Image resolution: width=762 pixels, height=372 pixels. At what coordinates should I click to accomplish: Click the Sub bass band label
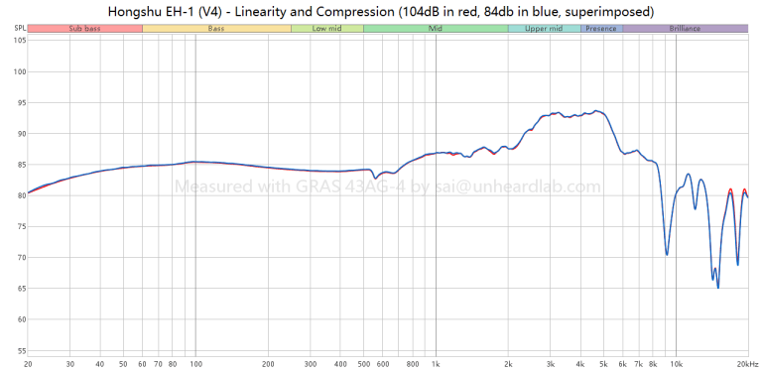pyautogui.click(x=85, y=29)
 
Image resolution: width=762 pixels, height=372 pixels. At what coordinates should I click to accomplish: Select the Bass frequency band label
pyautogui.click(x=216, y=29)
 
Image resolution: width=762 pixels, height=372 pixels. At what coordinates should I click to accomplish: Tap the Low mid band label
pyautogui.click(x=327, y=29)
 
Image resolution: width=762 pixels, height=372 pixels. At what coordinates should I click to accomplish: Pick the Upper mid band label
pyautogui.click(x=545, y=29)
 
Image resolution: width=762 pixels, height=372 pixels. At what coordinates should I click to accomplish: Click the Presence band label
pyautogui.click(x=601, y=29)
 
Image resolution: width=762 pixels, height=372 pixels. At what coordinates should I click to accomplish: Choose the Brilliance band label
pyautogui.click(x=685, y=29)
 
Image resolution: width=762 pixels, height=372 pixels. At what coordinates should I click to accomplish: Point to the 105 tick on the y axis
pyautogui.click(x=20, y=41)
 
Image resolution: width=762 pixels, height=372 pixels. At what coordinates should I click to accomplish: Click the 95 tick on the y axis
pyautogui.click(x=21, y=103)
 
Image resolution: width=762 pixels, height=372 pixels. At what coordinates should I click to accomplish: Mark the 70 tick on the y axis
pyautogui.click(x=21, y=257)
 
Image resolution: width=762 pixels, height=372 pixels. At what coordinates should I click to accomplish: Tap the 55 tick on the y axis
pyautogui.click(x=21, y=350)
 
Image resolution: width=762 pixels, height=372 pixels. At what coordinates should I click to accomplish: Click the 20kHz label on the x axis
pyautogui.click(x=748, y=364)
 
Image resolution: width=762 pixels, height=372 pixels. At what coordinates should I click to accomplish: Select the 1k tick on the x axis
pyautogui.click(x=436, y=364)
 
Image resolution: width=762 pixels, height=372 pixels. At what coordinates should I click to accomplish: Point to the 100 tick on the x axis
pyautogui.click(x=195, y=364)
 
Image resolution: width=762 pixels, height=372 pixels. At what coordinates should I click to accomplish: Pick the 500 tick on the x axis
pyautogui.click(x=363, y=364)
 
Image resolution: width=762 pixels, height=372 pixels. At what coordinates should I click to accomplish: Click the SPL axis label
pyautogui.click(x=20, y=29)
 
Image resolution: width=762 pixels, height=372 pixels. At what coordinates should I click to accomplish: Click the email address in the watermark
pyautogui.click(x=519, y=186)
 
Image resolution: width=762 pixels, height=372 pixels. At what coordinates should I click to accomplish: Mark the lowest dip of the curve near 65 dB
pyautogui.click(x=717, y=288)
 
